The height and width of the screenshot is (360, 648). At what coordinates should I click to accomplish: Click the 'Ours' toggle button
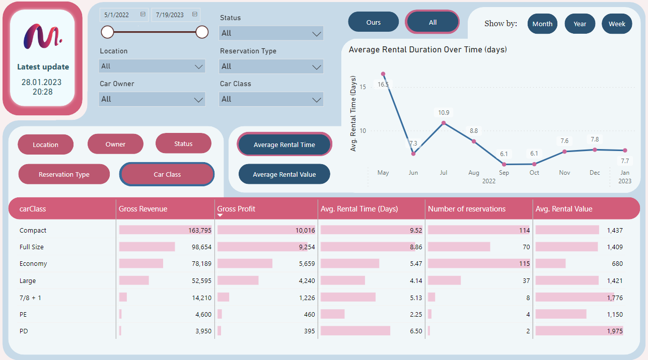(x=373, y=22)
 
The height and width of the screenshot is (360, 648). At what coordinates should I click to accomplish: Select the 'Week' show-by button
(x=617, y=24)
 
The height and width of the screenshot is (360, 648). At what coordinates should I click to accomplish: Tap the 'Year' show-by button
(x=580, y=24)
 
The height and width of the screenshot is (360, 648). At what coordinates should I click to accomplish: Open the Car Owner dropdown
(x=152, y=99)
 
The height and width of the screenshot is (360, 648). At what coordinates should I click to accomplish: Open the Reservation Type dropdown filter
(x=271, y=66)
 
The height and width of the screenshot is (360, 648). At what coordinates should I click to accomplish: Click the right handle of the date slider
(x=202, y=32)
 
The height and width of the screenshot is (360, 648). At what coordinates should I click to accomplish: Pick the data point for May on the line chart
(x=383, y=74)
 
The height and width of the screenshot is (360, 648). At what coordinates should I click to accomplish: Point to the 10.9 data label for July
(x=444, y=113)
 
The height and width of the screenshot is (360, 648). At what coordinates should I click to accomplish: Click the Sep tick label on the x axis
(x=504, y=173)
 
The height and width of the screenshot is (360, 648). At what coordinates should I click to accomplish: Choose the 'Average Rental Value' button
(x=284, y=174)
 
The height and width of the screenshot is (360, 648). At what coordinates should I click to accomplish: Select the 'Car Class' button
(x=167, y=174)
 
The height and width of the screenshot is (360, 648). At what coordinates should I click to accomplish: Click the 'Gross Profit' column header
(x=236, y=209)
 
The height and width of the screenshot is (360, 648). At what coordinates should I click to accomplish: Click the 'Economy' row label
(x=33, y=264)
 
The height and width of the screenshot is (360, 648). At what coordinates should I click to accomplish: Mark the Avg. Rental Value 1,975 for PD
(x=614, y=331)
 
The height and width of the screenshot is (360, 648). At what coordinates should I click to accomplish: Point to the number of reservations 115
(x=524, y=264)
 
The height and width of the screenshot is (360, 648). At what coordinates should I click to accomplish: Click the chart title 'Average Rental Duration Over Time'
(x=427, y=50)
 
